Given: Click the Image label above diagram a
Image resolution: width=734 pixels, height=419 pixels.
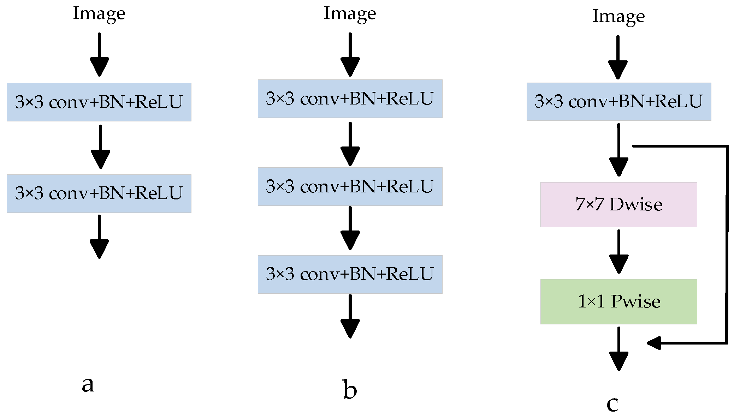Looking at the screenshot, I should point(99,14).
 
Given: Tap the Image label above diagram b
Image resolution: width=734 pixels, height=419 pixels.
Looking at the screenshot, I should point(350,14).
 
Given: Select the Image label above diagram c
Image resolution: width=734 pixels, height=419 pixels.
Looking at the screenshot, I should point(618,17).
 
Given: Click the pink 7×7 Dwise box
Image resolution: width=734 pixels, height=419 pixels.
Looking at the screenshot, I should point(618,204).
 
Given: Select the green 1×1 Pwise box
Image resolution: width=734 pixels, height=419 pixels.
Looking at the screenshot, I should point(618,301).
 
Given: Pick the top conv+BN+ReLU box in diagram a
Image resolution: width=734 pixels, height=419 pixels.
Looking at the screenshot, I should point(99,102).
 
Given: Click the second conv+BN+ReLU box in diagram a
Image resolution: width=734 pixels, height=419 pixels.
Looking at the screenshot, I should point(99,193).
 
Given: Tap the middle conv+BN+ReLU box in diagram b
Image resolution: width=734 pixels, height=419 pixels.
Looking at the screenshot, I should point(350,186).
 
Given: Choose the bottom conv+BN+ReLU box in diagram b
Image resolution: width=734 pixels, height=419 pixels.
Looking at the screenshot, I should point(350,274).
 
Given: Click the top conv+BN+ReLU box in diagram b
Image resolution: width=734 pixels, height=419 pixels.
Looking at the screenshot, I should point(350,98).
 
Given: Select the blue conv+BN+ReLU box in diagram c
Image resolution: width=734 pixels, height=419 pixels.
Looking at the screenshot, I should point(618,102).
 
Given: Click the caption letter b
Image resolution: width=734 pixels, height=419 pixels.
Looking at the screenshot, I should point(350,390).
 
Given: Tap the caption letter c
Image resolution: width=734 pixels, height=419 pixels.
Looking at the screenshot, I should point(612,404).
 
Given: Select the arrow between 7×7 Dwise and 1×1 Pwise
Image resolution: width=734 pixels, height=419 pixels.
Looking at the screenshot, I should point(618,251).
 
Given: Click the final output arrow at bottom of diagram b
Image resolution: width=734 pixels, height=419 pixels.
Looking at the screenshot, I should point(350,316).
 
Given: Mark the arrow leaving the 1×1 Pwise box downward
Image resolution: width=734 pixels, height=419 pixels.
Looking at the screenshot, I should point(618,349).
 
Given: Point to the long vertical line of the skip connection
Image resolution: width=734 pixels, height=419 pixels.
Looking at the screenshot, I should point(727,244).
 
